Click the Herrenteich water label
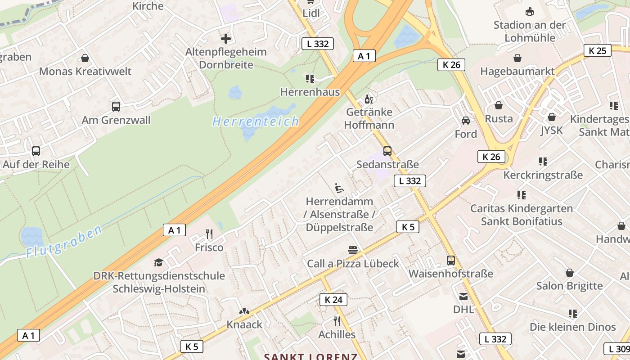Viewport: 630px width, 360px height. click(256, 121)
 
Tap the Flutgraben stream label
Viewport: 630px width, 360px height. click(63, 242)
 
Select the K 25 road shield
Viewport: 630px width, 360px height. click(598, 50)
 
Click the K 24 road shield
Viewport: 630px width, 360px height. click(333, 300)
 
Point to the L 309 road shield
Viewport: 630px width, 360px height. click(617, 349)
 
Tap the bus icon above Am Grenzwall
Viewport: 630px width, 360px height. click(116, 107)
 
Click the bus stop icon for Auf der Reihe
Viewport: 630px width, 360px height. click(36, 151)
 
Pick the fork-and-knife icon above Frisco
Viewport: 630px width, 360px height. click(209, 234)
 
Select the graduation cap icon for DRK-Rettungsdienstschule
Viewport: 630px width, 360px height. click(158, 262)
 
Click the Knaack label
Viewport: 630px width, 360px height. click(244, 324)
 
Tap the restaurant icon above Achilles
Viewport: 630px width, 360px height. click(337, 321)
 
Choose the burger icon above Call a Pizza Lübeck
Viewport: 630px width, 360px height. click(353, 250)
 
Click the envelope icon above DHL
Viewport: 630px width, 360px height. click(463, 297)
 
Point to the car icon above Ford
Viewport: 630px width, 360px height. click(466, 121)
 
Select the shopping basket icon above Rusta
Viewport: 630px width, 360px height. click(499, 105)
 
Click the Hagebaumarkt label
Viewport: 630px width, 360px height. click(517, 71)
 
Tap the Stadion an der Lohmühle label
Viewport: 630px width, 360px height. click(530, 31)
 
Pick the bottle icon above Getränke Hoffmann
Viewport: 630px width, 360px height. click(369, 99)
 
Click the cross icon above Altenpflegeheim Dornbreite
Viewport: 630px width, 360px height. click(226, 39)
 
